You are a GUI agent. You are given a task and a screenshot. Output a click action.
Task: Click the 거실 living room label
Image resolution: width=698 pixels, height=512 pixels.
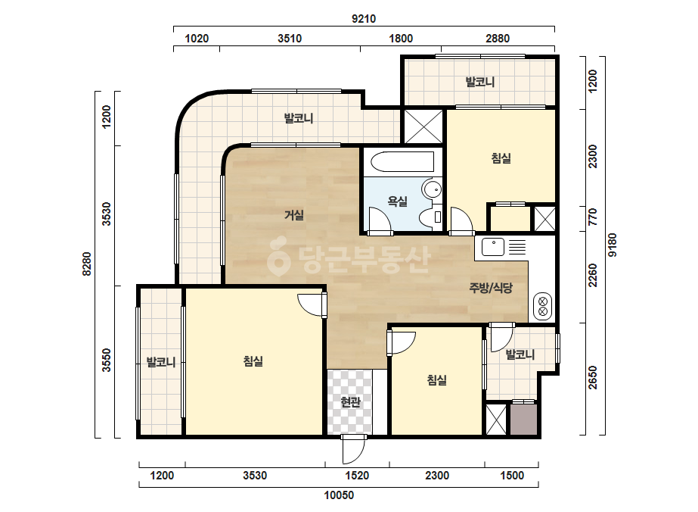click(294, 215)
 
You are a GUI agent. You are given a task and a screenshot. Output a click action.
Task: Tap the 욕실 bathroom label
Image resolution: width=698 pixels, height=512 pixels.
click(398, 201)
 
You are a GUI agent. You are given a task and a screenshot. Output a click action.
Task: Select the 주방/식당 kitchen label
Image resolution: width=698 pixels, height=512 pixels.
click(491, 288)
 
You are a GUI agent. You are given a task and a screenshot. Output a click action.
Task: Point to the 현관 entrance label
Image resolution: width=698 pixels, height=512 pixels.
click(350, 402)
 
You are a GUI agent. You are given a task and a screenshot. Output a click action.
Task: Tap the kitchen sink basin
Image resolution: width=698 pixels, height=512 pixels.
click(493, 247)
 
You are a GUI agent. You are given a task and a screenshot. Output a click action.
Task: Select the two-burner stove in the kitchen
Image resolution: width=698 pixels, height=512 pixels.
click(543, 305)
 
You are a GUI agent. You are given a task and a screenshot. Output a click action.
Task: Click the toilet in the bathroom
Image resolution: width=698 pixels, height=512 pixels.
click(431, 217)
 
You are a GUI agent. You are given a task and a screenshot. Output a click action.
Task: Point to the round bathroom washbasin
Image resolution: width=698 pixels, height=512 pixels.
click(432, 189)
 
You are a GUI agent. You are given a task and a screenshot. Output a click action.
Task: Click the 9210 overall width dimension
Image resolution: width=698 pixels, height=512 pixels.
click(364, 19)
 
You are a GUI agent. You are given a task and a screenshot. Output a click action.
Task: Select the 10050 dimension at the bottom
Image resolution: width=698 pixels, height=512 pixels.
click(339, 495)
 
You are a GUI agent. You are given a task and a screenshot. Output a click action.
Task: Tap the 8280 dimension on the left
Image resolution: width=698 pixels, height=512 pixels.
click(87, 264)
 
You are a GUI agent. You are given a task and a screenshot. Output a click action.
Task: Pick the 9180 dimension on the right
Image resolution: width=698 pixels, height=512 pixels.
click(613, 245)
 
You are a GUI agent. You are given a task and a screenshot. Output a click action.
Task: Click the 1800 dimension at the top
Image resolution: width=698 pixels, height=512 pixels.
click(401, 39)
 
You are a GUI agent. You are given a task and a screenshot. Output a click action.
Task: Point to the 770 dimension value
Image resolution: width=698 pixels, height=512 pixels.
click(592, 217)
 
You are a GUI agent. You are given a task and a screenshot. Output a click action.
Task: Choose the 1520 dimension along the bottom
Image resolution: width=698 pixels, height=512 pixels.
click(357, 476)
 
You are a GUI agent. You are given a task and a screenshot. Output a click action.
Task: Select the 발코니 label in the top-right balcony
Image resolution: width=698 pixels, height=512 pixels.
click(480, 82)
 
